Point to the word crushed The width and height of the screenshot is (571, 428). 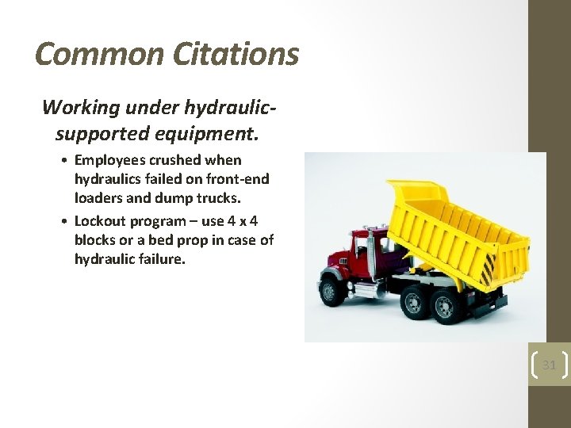[175, 160]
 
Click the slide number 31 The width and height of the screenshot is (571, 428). [549, 365]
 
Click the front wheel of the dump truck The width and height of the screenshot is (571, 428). [331, 292]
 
